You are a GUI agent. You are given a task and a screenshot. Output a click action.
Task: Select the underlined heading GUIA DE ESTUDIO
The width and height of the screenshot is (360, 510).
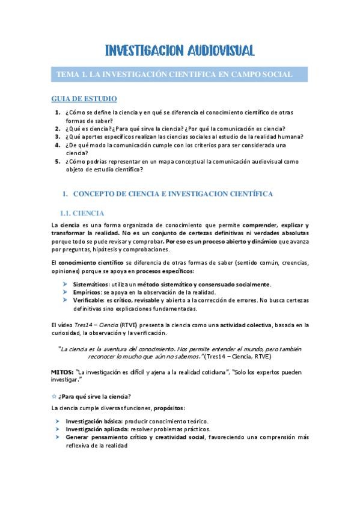84,98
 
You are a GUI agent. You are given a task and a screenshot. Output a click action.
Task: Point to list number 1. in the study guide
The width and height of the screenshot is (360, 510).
57,112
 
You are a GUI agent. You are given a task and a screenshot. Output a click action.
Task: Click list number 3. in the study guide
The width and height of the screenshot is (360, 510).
57,137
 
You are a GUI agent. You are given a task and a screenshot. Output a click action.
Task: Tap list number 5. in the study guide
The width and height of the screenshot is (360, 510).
57,162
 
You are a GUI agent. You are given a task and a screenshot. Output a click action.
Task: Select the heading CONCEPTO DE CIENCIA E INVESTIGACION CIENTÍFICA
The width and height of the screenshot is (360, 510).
172,194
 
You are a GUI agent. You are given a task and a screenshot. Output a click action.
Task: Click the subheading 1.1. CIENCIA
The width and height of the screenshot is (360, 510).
82,213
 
